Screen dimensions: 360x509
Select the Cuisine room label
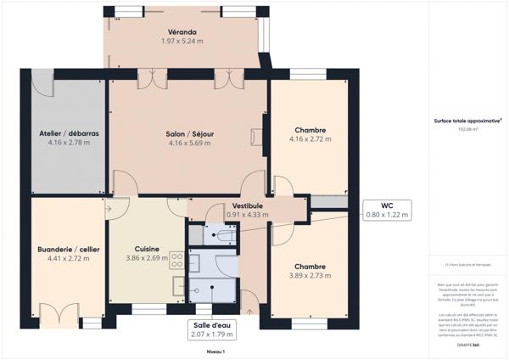tap(141, 249)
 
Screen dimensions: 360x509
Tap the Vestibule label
tap(247, 205)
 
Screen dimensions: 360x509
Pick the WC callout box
tap(386, 211)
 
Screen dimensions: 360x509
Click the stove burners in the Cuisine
tap(178, 258)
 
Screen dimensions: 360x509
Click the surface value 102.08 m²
tap(467, 130)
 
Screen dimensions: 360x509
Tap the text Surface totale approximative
tap(467, 121)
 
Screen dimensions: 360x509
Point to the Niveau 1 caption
tap(215, 351)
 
